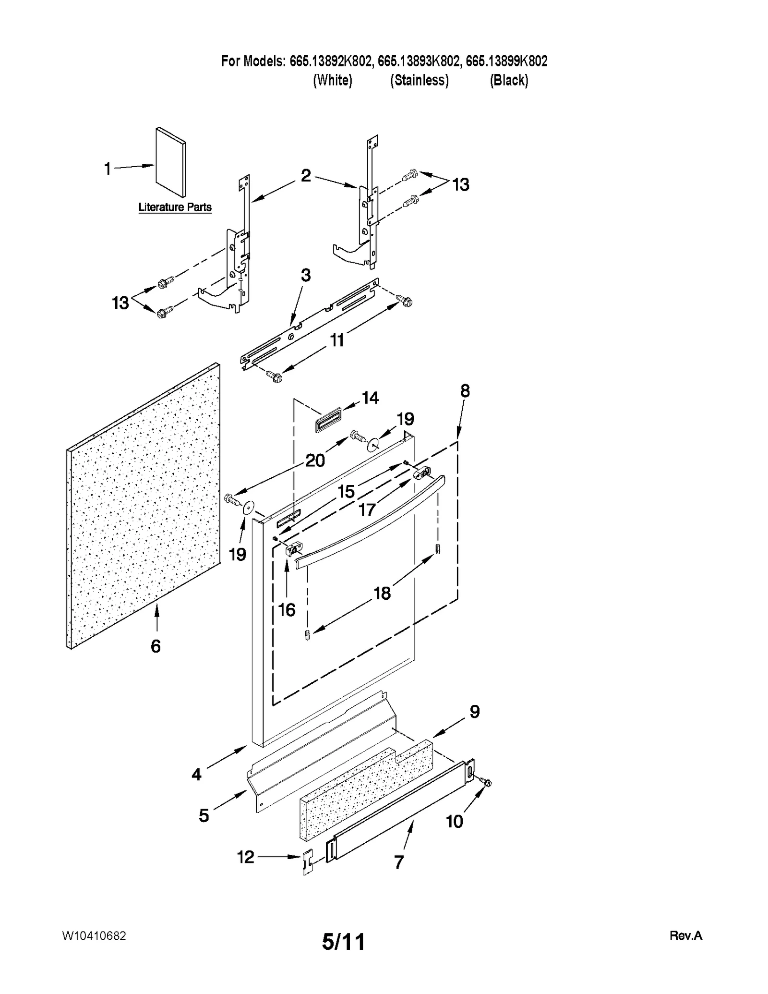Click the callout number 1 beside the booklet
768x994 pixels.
click(x=108, y=169)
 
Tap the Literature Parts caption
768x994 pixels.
click(x=175, y=207)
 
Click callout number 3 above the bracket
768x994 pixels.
click(x=305, y=275)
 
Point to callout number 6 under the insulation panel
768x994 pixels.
click(x=156, y=646)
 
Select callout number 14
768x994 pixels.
click(x=370, y=398)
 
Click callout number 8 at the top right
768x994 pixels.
click(x=465, y=391)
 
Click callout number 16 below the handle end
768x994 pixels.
click(x=287, y=610)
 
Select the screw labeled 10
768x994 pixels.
click(x=487, y=783)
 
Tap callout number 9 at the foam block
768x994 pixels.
click(x=474, y=711)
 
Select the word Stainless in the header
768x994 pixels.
click(x=419, y=80)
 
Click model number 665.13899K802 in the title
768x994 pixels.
click(x=506, y=61)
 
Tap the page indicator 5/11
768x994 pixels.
click(x=343, y=941)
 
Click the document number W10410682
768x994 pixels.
click(x=94, y=935)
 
